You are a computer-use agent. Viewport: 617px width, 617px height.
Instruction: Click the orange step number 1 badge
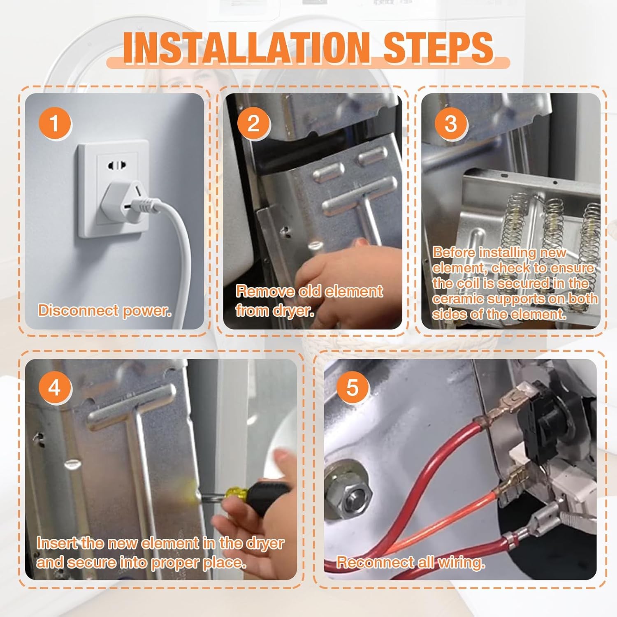click(x=55, y=123)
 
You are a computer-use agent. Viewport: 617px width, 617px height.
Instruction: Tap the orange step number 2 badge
click(x=253, y=123)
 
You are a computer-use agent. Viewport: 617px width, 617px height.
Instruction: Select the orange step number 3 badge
click(x=451, y=123)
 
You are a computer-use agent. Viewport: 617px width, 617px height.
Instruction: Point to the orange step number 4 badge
click(x=55, y=387)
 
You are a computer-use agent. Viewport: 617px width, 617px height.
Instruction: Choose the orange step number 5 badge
click(x=353, y=387)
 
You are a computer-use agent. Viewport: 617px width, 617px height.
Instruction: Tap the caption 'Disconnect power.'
click(x=104, y=311)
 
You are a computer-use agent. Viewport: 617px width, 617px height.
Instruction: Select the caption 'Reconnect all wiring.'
click(x=411, y=562)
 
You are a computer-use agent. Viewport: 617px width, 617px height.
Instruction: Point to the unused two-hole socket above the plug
click(x=116, y=166)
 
